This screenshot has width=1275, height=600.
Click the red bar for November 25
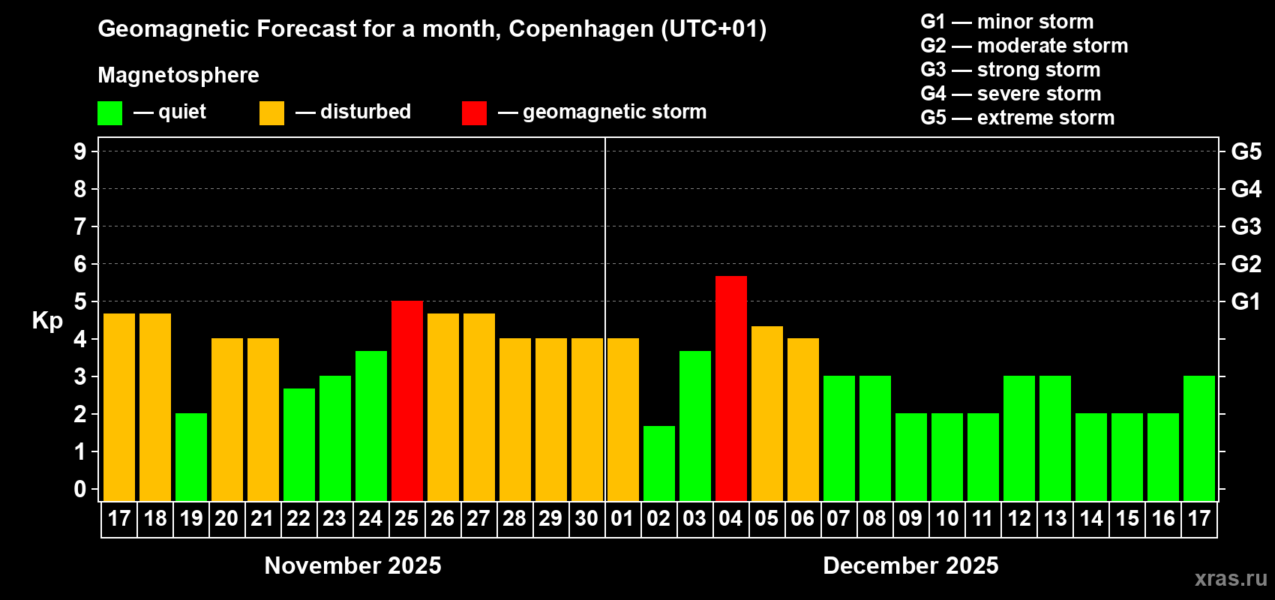406,400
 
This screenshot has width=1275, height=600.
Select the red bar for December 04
730,388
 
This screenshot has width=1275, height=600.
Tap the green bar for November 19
191,457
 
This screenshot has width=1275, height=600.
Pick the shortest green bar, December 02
658,463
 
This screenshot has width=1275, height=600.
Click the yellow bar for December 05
766,413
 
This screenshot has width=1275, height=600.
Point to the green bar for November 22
298,444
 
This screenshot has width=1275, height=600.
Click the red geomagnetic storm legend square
474,113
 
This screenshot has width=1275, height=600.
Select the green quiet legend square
110,113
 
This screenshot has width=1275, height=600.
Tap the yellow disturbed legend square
271,113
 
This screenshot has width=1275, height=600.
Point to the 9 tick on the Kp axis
80,151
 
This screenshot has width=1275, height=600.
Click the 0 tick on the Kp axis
80,489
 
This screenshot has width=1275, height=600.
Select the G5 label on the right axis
1246,151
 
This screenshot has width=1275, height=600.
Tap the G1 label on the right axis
1246,301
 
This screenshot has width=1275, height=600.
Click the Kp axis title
47,320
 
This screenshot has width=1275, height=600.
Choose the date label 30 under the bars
586,518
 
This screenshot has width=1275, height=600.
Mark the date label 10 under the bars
946,518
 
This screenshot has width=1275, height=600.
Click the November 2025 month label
353,565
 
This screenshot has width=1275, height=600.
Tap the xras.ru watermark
1230,578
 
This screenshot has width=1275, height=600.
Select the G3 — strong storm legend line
1010,70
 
